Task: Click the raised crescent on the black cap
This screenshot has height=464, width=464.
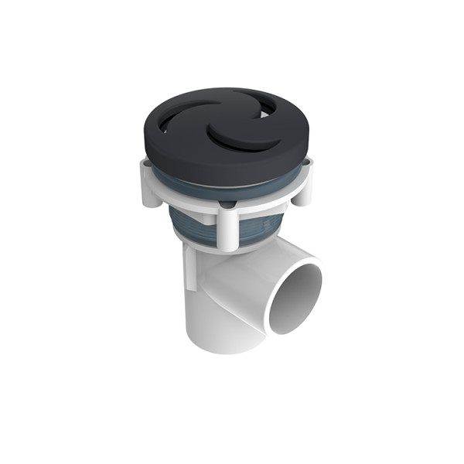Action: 234,139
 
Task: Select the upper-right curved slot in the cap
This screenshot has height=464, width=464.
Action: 267,107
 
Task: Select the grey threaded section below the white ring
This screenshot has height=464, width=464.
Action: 193,224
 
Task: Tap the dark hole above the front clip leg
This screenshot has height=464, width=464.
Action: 226,204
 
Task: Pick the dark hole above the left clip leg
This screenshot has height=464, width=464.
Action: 145,162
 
